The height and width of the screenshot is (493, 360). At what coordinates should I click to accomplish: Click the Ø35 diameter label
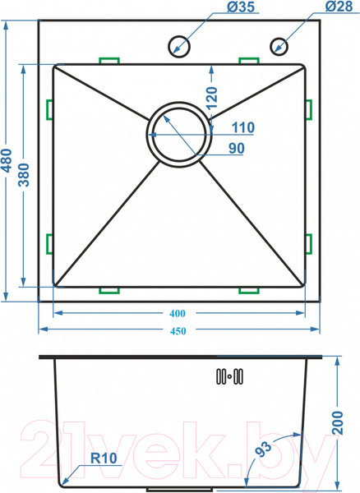click(241, 7)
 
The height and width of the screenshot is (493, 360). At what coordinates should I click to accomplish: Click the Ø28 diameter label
click(339, 7)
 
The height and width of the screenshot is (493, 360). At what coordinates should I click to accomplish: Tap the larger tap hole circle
click(179, 47)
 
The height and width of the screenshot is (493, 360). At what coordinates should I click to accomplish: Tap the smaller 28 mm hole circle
click(279, 47)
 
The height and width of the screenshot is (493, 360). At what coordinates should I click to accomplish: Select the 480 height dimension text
click(7, 161)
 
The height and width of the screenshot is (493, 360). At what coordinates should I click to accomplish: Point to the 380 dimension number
click(24, 175)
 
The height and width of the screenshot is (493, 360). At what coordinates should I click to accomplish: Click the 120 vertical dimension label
click(212, 98)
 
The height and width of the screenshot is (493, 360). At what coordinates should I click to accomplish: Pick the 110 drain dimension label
click(243, 127)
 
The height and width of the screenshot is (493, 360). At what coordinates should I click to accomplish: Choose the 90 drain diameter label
click(237, 148)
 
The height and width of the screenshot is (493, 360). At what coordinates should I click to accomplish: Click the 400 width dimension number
click(178, 314)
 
